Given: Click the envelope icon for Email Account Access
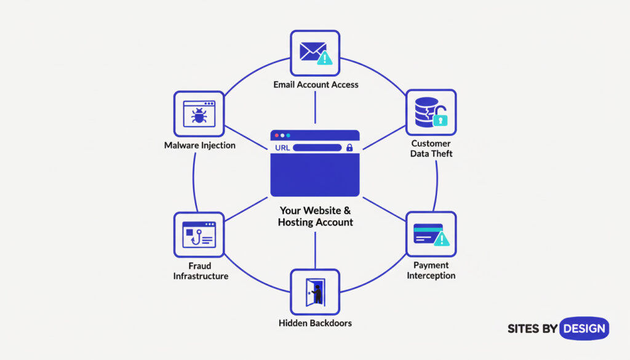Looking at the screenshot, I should [311, 52].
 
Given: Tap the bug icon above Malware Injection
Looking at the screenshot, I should [198, 114].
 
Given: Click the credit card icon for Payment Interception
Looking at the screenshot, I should [428, 233].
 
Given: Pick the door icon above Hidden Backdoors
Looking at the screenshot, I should [316, 292].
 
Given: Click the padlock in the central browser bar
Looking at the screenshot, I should [349, 148].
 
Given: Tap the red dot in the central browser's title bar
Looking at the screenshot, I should [276, 135].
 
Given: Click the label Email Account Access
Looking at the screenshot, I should [315, 84].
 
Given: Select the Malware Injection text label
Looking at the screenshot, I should [199, 146].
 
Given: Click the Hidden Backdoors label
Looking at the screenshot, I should [315, 322].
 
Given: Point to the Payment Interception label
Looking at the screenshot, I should [431, 270].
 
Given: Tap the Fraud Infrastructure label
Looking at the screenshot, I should [201, 271].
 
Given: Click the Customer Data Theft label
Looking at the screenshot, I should [431, 148].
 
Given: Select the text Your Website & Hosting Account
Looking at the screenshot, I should [315, 216].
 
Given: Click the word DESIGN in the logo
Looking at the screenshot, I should [584, 329].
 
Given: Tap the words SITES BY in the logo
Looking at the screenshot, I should [532, 329].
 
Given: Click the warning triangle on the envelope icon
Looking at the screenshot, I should [324, 58].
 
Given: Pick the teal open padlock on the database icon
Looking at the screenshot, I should [441, 118].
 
